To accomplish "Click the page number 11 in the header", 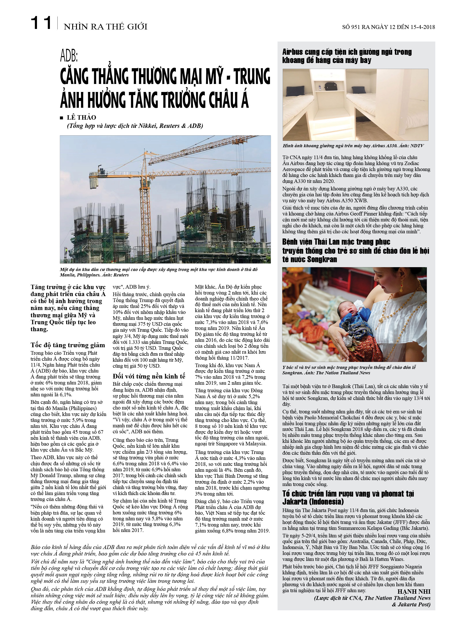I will (x=41, y=23).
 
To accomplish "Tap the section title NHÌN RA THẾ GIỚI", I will (x=105, y=27).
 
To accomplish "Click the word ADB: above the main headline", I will (x=69, y=56).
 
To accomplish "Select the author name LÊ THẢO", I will (x=81, y=118).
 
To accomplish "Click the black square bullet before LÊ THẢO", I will (x=61, y=118).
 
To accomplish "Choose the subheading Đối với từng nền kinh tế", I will (x=149, y=376).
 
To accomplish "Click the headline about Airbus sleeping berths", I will (x=347, y=56).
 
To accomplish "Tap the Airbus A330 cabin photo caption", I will (x=353, y=146).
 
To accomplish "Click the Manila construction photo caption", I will (x=159, y=272).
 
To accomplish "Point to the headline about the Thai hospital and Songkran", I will (x=355, y=250).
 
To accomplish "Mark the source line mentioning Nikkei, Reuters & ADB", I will (x=135, y=126).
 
